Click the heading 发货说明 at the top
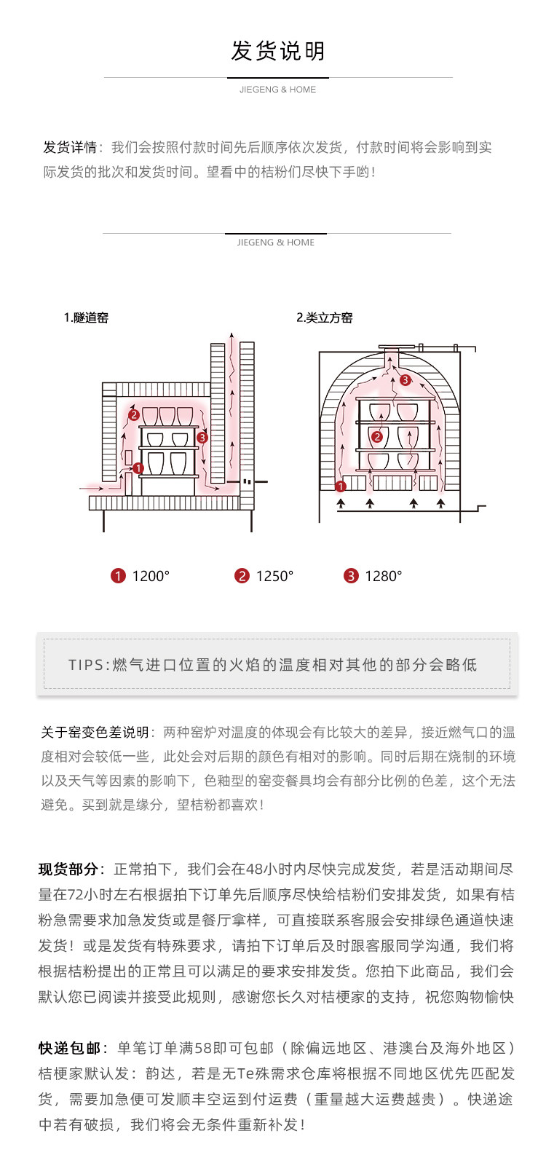pos(277,51)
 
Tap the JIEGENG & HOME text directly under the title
pos(277,90)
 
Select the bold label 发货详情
pos(70,147)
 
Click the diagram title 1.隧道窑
pos(86,318)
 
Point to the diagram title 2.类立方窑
pos(325,318)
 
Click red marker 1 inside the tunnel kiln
pos(138,468)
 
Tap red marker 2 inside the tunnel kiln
pos(134,415)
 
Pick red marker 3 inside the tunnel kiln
pos(202,438)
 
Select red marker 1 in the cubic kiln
pos(340,486)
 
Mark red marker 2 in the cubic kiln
pos(377,437)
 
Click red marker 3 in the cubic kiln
pos(405,379)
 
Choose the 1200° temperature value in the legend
pos(151,576)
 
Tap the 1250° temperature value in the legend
pos(274,576)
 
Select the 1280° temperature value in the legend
pos(384,576)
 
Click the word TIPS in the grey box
pos(87,665)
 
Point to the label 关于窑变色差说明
pos(95,733)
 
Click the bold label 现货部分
pos(68,869)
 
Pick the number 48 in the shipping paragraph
pos(255,869)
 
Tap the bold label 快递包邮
pos(69,1048)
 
